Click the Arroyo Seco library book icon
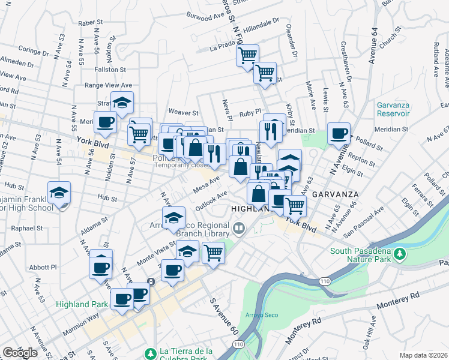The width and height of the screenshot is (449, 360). [x=240, y=227]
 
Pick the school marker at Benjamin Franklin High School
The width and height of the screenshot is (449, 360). [x=59, y=193]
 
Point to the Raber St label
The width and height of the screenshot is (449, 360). [x=91, y=23]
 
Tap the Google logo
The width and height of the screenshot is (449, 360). [x=20, y=352]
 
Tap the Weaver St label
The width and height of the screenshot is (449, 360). [x=183, y=112]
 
